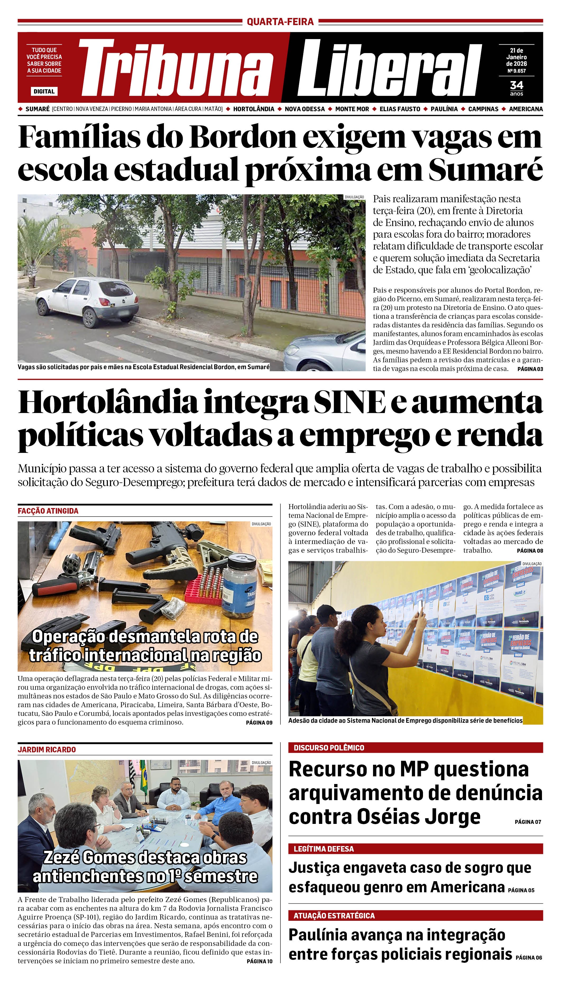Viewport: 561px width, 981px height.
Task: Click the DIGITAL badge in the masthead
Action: tap(44, 91)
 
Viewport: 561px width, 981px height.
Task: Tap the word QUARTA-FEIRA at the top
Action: tap(280, 22)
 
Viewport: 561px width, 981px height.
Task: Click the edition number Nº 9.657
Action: tap(516, 71)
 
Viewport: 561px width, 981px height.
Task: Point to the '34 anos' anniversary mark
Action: tap(516, 88)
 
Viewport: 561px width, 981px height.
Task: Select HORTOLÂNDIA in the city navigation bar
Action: tap(254, 109)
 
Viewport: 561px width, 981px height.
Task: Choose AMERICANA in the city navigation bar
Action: tap(526, 109)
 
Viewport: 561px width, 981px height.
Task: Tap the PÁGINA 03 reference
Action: tap(530, 369)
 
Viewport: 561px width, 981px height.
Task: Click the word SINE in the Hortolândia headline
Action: tap(349, 402)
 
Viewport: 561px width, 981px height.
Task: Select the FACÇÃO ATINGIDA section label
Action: tap(48, 511)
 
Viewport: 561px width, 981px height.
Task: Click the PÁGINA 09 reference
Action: tap(259, 722)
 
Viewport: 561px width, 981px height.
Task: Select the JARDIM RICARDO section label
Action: tap(47, 749)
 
